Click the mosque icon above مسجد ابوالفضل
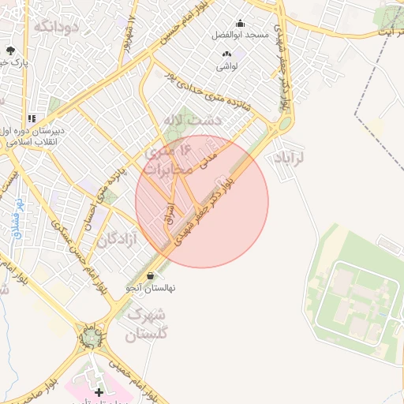point(240,24)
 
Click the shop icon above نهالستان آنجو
point(151,276)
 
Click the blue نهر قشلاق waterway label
point(16,216)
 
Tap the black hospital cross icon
point(99,391)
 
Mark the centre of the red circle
point(202,201)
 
